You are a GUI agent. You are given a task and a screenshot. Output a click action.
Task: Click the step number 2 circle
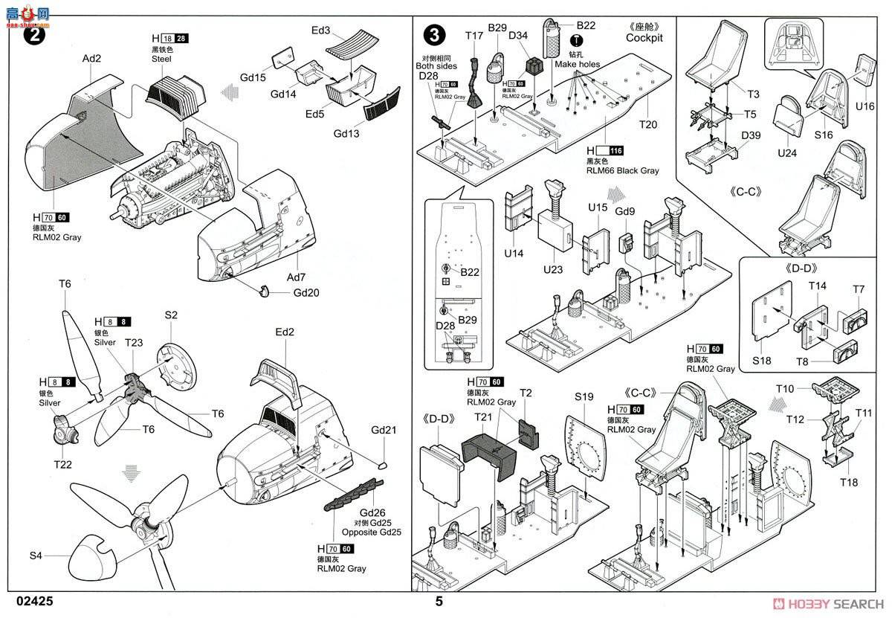click(x=33, y=35)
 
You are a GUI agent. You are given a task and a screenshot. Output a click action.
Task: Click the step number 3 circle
click(x=434, y=35)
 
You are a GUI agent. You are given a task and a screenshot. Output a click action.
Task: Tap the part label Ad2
click(x=91, y=59)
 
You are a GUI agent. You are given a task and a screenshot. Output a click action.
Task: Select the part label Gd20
click(x=306, y=292)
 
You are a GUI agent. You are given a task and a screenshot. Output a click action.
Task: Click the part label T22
click(x=63, y=463)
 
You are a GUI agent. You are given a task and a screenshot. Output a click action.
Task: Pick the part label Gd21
click(x=384, y=430)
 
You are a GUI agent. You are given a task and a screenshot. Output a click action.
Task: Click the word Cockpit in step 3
click(x=644, y=37)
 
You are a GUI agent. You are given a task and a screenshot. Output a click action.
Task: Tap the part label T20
click(x=647, y=125)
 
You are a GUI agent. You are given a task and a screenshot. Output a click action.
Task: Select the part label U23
click(x=552, y=269)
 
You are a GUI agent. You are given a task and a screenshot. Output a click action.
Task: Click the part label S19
click(x=584, y=396)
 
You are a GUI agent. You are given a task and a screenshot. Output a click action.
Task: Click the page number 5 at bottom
click(x=439, y=602)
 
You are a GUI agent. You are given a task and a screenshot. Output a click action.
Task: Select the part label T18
click(x=848, y=483)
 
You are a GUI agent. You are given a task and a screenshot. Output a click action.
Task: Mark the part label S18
click(x=761, y=360)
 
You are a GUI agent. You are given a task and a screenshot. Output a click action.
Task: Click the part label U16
click(x=864, y=107)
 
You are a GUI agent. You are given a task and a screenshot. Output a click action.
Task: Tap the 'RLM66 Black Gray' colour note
click(x=622, y=170)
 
